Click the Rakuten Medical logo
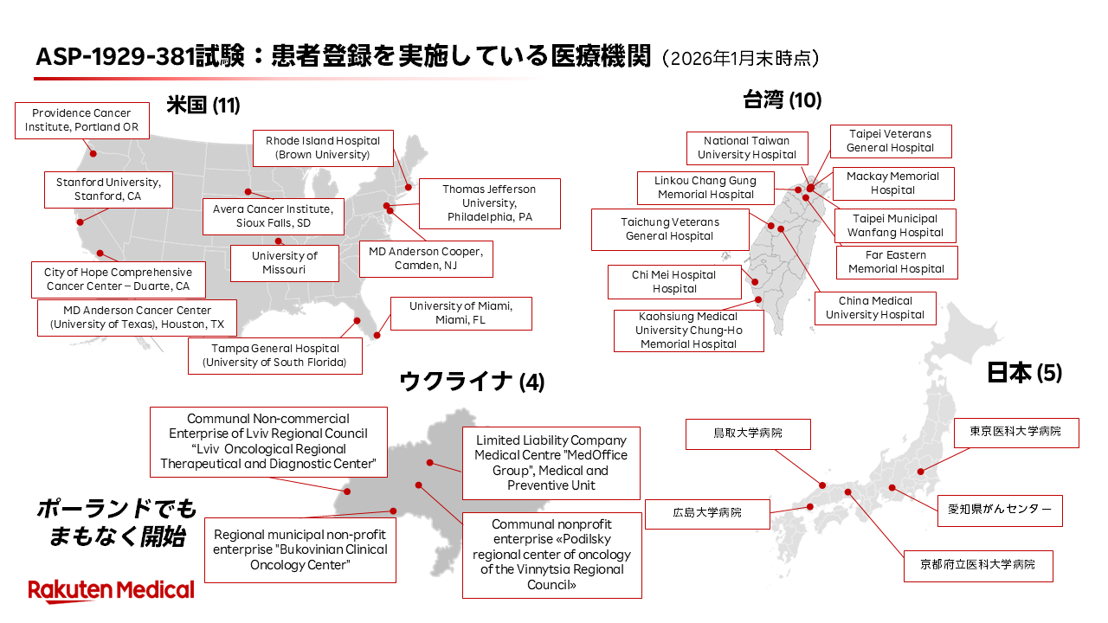pyautogui.click(x=112, y=590)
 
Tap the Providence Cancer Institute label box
pyautogui.click(x=82, y=120)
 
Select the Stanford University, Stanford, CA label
pyautogui.click(x=108, y=189)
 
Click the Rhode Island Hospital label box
pyautogui.click(x=323, y=148)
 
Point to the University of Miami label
pyautogui.click(x=461, y=313)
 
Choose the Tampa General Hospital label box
pyautogui.click(x=275, y=356)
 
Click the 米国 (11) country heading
pyautogui.click(x=203, y=106)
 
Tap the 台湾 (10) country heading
pyautogui.click(x=782, y=100)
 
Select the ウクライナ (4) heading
pyautogui.click(x=472, y=382)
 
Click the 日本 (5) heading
pyautogui.click(x=1024, y=373)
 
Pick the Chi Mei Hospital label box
pyautogui.click(x=674, y=282)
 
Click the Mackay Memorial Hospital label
pyautogui.click(x=893, y=183)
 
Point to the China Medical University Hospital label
pyautogui.click(x=875, y=308)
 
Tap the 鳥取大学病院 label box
pyautogui.click(x=748, y=434)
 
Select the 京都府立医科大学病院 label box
pyautogui.click(x=978, y=566)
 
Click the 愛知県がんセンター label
pyautogui.click(x=1000, y=511)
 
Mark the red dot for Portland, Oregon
pyautogui.click(x=93, y=154)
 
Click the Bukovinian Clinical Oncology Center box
pyautogui.click(x=300, y=549)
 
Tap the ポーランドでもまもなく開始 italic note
pyautogui.click(x=117, y=523)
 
